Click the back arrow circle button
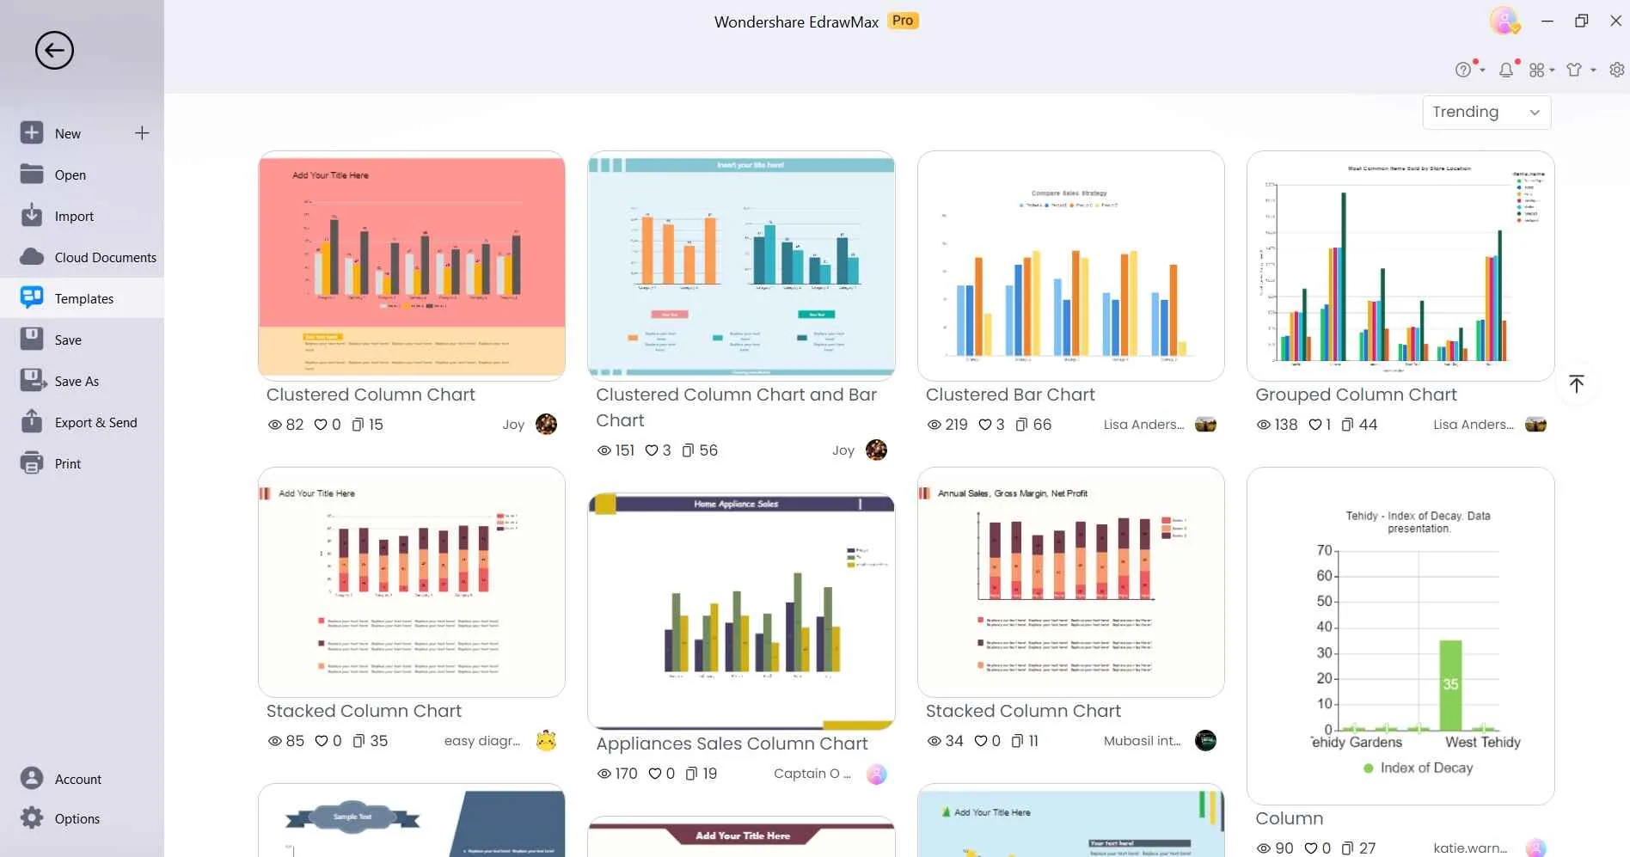coord(54,51)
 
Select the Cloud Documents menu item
coord(105,257)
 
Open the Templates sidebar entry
coord(83,298)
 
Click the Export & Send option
coord(95,422)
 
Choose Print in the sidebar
coord(67,463)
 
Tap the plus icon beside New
coord(142,133)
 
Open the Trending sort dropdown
coord(1486,112)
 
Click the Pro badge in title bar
coord(903,21)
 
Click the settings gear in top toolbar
coord(1616,70)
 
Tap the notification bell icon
coord(1506,70)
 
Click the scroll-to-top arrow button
coord(1576,383)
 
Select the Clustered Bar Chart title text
coord(1009,395)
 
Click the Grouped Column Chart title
coord(1356,395)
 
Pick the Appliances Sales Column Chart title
coord(732,744)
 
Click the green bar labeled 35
coord(1450,685)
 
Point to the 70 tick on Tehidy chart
coord(1325,550)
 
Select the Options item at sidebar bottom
coord(77,818)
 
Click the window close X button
coord(1615,21)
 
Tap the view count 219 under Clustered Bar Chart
coord(955,425)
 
